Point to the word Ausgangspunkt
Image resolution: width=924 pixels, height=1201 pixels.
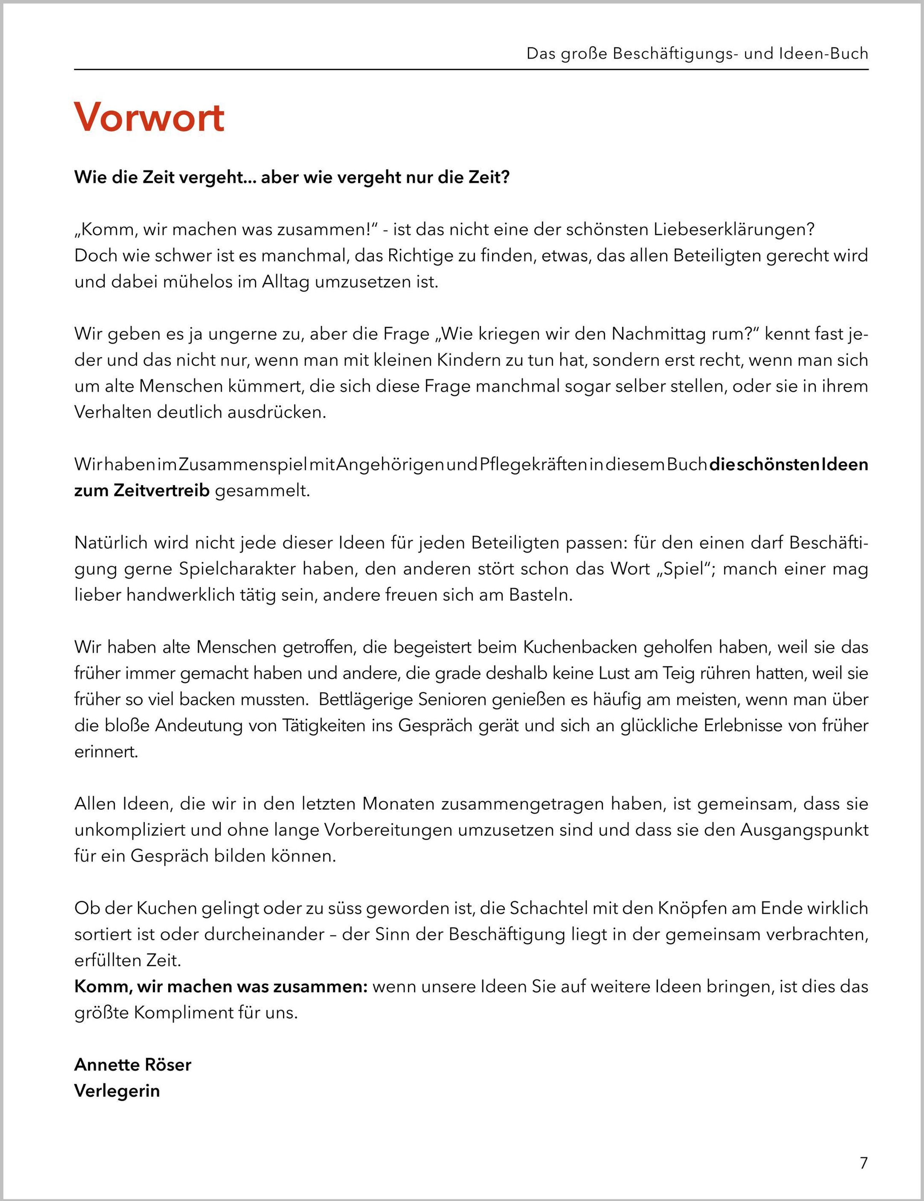coord(803,830)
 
